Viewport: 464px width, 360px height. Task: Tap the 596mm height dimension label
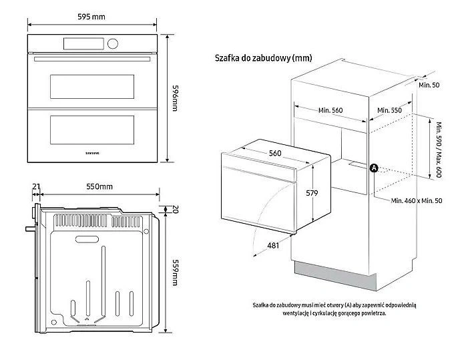tap(176, 98)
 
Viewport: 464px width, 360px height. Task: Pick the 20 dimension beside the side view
tap(176, 209)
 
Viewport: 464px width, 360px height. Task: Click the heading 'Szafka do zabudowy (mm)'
tap(263, 59)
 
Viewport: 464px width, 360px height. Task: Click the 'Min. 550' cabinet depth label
tap(389, 110)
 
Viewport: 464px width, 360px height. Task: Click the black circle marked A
tap(374, 168)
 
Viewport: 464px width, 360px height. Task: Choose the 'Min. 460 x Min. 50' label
tap(417, 200)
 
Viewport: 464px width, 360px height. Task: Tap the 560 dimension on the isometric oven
tap(274, 153)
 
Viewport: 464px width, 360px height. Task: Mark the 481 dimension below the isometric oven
tap(272, 246)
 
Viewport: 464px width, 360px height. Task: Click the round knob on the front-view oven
tap(111, 44)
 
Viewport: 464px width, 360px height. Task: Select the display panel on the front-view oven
tap(83, 44)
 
